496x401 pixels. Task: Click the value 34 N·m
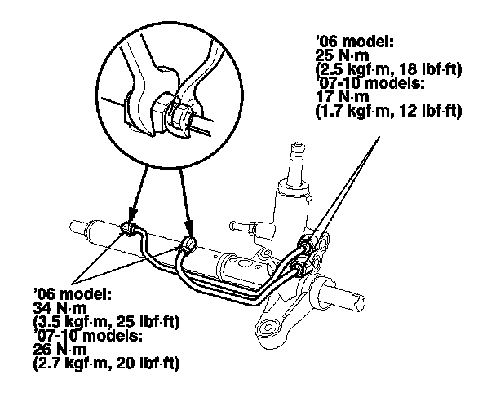pyautogui.click(x=47, y=306)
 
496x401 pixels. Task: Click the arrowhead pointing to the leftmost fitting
pyautogui.click(x=130, y=217)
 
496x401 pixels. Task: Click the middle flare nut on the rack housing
pyautogui.click(x=189, y=244)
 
